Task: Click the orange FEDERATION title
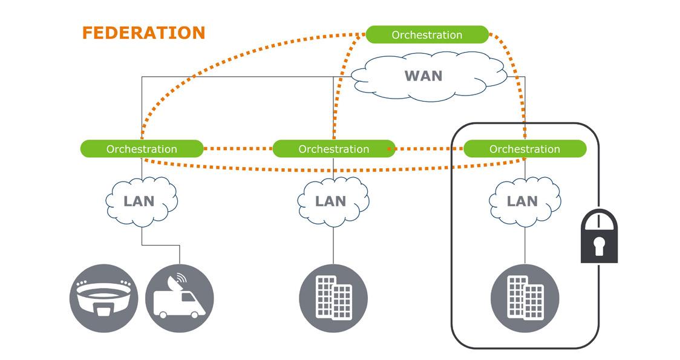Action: pos(143,33)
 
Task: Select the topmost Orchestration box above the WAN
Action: pos(427,34)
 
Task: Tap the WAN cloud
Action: pos(423,76)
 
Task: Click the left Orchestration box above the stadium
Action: pos(142,149)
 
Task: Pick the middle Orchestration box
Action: pos(333,149)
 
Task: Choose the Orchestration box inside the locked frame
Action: pos(525,149)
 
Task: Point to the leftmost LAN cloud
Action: pos(139,201)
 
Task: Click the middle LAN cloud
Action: pos(331,201)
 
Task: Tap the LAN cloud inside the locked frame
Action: pos(522,201)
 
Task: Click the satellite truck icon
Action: pos(180,298)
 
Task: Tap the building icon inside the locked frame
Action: pos(525,298)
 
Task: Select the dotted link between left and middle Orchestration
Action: pos(238,148)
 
